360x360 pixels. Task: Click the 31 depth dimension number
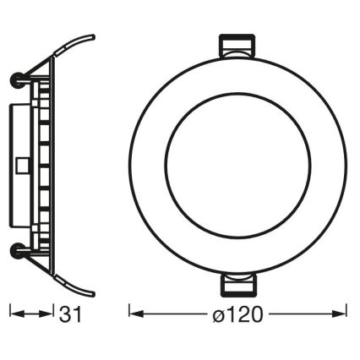point(72,315)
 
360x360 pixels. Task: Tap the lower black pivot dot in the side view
point(16,249)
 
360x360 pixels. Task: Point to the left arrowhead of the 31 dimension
point(14,314)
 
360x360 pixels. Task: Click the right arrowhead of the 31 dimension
point(50,314)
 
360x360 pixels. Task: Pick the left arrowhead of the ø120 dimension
point(134,314)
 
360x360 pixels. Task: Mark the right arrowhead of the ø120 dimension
point(345,314)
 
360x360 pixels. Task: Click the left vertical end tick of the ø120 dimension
point(128,314)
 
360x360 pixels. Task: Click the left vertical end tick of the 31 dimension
point(9,314)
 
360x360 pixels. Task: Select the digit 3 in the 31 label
point(67,315)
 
